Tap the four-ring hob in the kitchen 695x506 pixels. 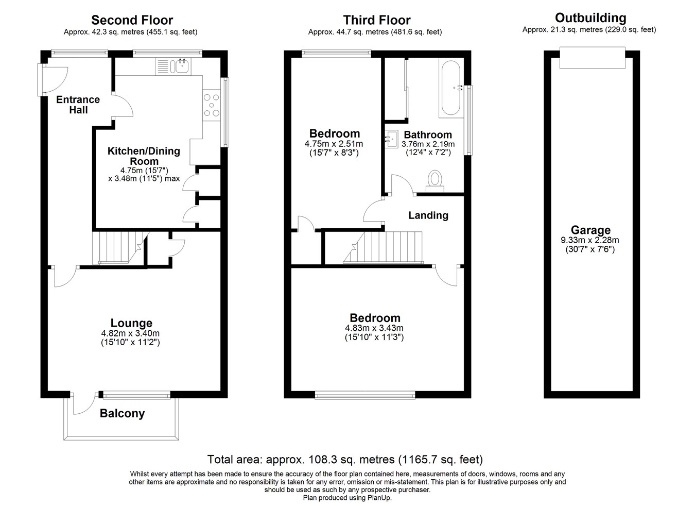point(212,106)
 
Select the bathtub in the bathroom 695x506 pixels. point(451,88)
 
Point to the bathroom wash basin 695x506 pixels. point(392,139)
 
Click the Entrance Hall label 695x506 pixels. point(78,105)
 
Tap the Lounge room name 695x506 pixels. point(131,323)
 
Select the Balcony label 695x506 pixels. point(122,413)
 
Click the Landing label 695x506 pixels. point(428,215)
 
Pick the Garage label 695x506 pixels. point(590,230)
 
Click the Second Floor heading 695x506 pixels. point(132,20)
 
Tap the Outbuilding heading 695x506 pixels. point(590,18)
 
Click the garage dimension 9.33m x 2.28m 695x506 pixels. point(590,240)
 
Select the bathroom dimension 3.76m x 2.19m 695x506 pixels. point(428,144)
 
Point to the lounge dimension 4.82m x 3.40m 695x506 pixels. point(130,333)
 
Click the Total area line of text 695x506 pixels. point(345,459)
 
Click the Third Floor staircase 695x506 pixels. point(383,247)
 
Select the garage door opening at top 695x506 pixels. point(593,58)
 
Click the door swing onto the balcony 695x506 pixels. point(84,404)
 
